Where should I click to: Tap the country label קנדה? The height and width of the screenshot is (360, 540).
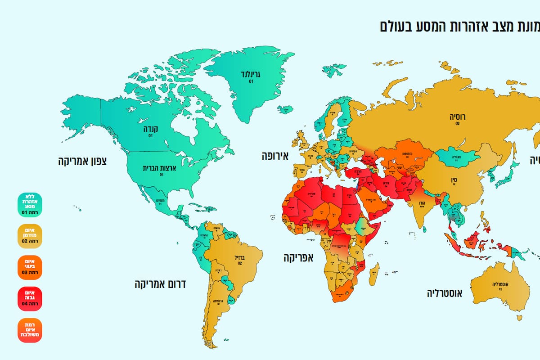[x=150, y=128]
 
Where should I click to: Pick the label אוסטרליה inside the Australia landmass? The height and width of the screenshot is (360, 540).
[x=499, y=284]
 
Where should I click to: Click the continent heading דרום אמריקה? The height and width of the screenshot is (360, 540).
[x=160, y=284]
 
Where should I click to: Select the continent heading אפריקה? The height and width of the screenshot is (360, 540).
[x=298, y=258]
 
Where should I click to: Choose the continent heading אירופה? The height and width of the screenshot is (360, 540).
[x=275, y=156]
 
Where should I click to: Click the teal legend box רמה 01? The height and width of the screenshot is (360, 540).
[x=29, y=205]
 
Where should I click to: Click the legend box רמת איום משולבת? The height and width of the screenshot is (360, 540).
[x=29, y=330]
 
